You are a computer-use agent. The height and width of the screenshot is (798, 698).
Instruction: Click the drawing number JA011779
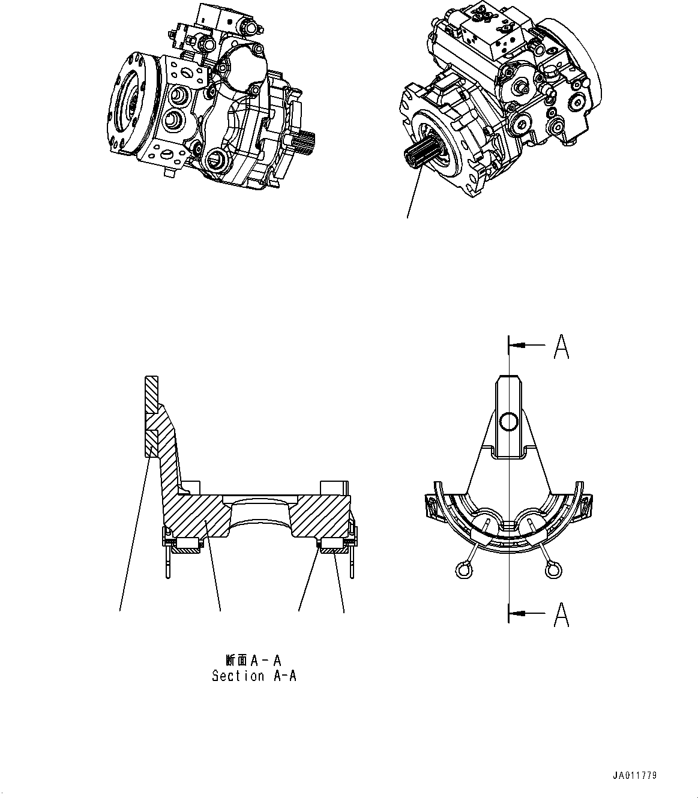635,776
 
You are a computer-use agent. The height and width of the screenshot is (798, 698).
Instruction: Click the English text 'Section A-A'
254,676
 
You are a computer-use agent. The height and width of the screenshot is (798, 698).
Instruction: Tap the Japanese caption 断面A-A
254,661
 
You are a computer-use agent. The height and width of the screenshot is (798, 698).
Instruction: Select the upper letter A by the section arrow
561,346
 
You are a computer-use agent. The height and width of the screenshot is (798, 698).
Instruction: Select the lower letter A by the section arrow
561,614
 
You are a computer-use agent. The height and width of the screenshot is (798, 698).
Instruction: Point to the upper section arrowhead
516,346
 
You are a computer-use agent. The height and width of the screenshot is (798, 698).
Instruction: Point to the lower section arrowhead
516,613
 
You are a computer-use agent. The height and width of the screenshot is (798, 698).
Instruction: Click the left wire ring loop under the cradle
463,569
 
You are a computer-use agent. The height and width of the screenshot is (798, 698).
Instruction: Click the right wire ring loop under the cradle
553,569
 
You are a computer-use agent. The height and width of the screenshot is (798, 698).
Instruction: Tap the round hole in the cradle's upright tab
508,421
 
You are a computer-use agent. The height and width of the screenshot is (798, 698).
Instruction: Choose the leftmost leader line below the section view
133,540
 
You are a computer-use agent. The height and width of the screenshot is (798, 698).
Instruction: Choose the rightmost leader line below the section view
339,582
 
